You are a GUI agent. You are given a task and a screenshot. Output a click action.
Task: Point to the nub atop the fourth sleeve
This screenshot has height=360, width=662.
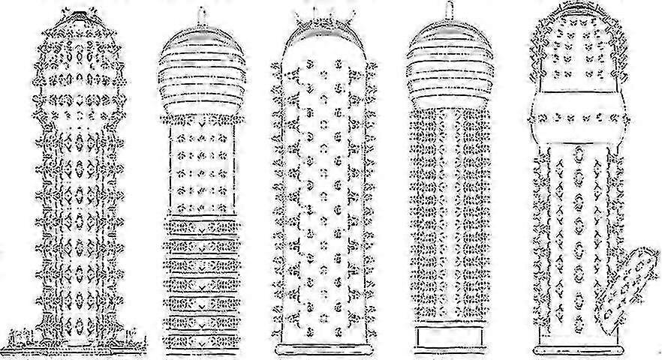[x=449, y=11]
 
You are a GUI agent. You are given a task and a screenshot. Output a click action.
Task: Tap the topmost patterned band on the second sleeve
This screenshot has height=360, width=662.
[x=200, y=226]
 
